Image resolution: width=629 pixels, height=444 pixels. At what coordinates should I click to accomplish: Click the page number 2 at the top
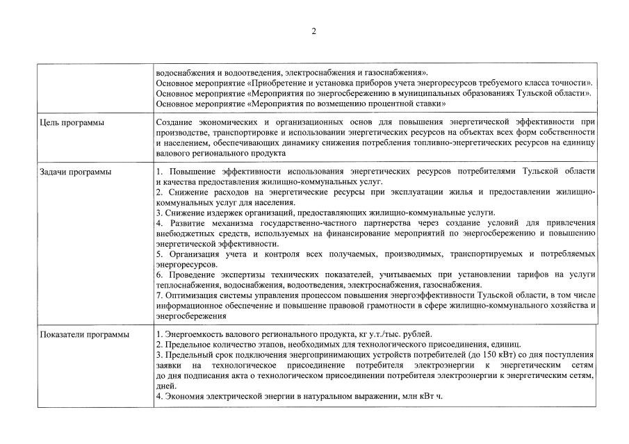(313, 31)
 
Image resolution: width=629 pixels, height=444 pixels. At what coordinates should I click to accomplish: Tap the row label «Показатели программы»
(85, 335)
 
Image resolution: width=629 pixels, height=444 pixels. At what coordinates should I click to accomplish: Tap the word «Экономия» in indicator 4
(183, 396)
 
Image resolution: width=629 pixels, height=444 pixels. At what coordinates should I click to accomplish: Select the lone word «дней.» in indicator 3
(166, 386)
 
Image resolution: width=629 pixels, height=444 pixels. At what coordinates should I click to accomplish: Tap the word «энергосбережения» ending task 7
(188, 315)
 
